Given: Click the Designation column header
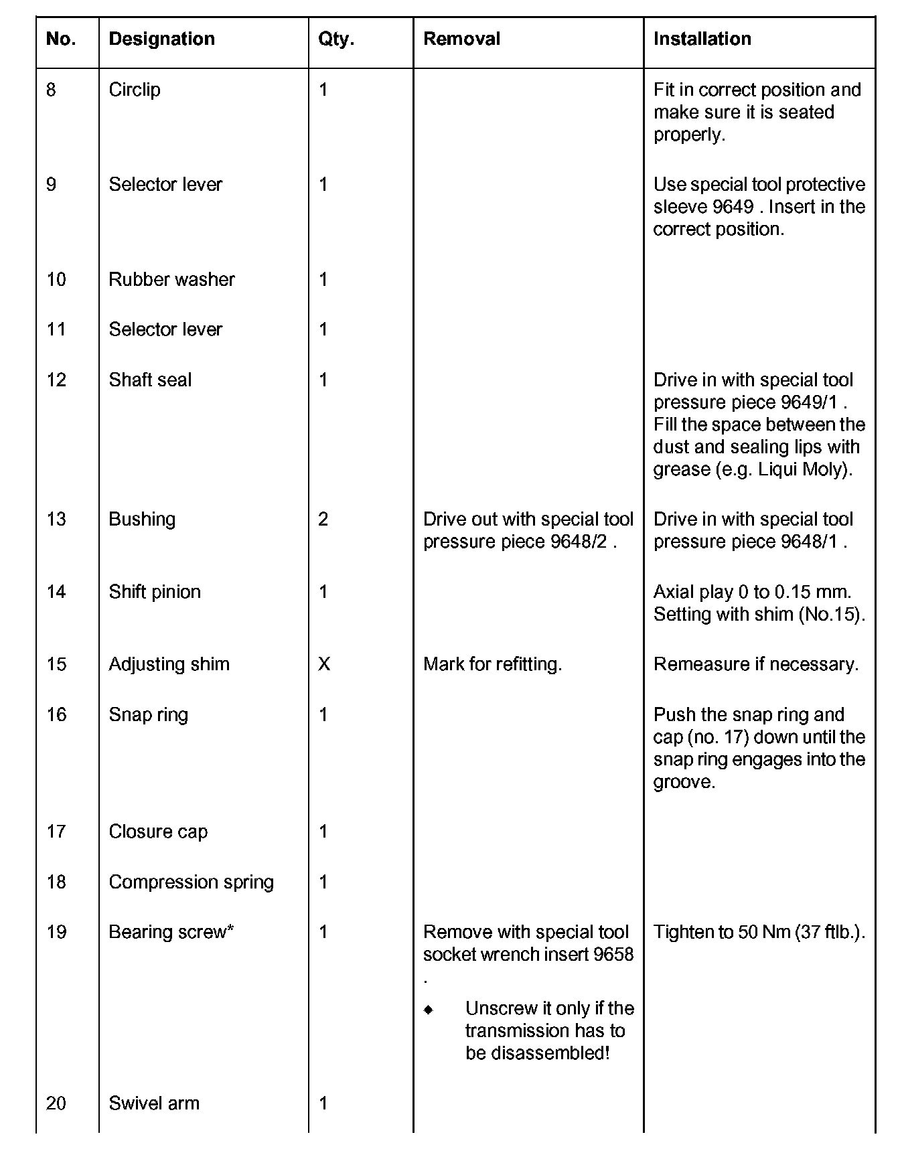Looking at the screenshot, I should click(x=161, y=39).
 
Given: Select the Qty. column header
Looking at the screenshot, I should click(x=336, y=39).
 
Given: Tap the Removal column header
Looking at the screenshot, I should click(x=461, y=39).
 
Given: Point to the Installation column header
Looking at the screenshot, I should click(x=702, y=39).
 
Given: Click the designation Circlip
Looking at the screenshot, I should click(x=135, y=90).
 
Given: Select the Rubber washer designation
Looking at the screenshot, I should click(x=171, y=279).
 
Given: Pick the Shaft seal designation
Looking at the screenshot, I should click(x=150, y=380).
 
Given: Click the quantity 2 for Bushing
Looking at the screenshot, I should click(x=323, y=520).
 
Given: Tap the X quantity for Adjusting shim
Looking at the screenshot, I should click(x=324, y=664).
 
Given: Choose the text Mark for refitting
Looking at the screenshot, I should click(x=492, y=664).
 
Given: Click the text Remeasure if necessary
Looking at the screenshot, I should click(x=755, y=664).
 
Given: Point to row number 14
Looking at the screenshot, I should click(x=56, y=592).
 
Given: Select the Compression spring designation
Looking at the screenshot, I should click(x=191, y=882).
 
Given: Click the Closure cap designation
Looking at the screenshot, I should click(x=158, y=832).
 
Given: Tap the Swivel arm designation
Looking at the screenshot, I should click(x=154, y=1103).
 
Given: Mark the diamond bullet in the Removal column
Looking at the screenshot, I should click(x=429, y=1010).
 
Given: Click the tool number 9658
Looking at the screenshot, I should click(x=613, y=955).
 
